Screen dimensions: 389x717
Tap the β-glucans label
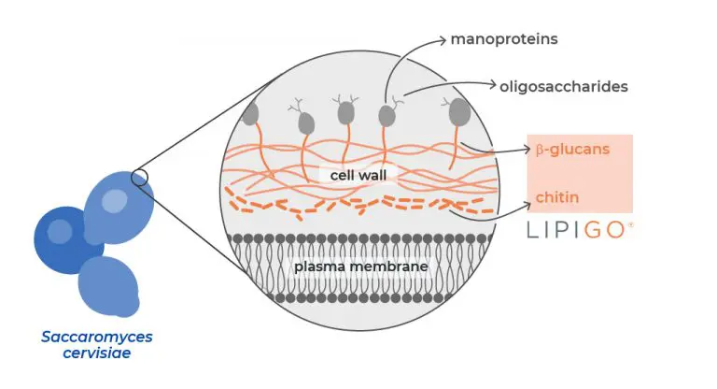pos(571,150)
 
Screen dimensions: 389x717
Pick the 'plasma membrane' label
pos(360,267)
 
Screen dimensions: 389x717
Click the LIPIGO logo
pos(578,230)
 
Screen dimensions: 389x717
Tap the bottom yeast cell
pos(109,285)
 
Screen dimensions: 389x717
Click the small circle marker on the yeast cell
pos(139,177)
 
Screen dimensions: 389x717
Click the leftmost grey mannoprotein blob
pos(249,114)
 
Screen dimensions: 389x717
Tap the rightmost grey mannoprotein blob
pos(459,113)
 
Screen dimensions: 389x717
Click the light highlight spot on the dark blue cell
pos(60,229)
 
